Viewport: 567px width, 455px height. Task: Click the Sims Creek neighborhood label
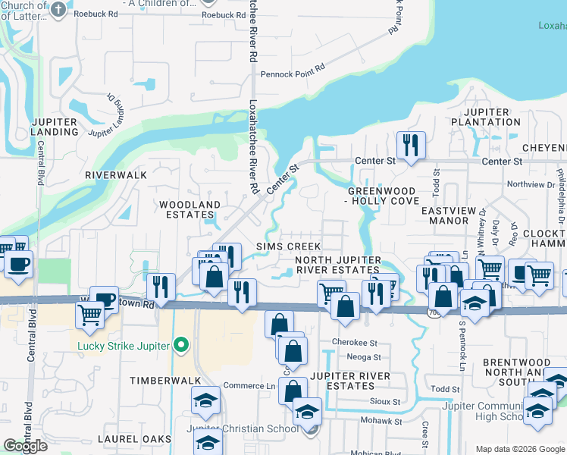(x=288, y=247)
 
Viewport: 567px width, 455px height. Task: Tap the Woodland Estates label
(x=190, y=209)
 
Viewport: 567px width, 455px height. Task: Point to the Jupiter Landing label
(x=55, y=127)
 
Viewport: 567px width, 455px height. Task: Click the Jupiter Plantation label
(x=480, y=118)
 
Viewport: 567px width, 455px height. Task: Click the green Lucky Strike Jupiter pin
(x=180, y=347)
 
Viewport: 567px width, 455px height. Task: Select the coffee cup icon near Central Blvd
(x=18, y=265)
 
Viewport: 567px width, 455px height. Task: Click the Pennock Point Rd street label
(x=293, y=74)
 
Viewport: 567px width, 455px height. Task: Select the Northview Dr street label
(x=531, y=184)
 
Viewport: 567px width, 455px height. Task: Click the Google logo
(x=25, y=446)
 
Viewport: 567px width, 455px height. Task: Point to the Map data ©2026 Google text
(x=520, y=449)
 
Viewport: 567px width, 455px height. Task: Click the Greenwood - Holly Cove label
(x=381, y=196)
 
